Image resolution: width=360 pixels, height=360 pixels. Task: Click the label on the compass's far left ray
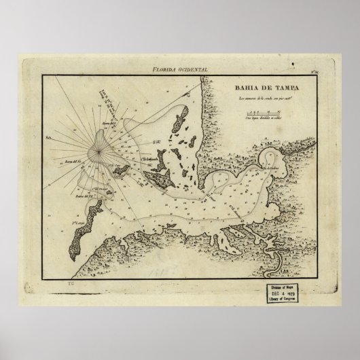coord(58,136)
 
